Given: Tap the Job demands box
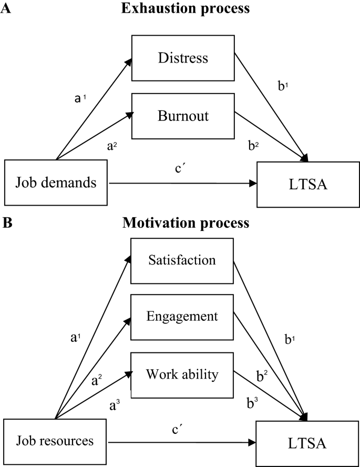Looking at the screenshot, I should click(56, 183).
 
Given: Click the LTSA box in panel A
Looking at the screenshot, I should click(307, 184).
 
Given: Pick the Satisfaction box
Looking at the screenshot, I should click(182, 260).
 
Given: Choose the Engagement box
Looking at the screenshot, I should click(182, 316).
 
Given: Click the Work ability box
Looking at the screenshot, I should click(182, 375).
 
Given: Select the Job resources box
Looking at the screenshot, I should click(56, 440).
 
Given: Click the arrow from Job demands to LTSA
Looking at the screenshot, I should click(181, 184).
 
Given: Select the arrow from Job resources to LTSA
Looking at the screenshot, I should click(181, 441).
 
